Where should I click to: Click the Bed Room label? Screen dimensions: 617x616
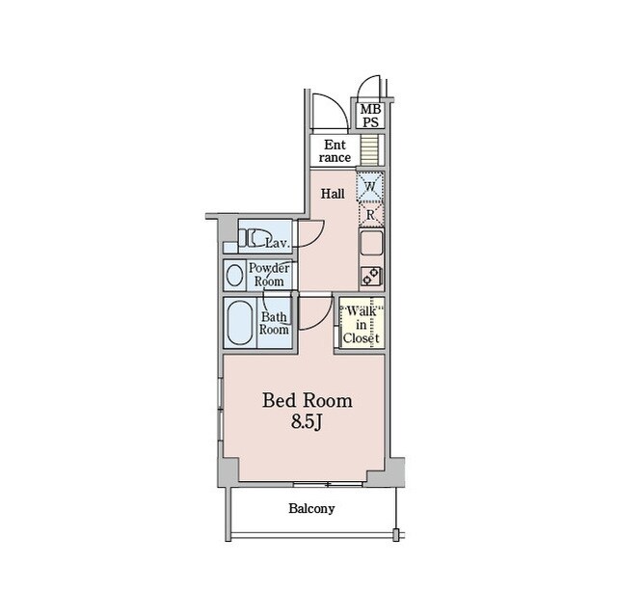tap(308, 401)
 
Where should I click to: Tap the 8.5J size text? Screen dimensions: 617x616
tap(307, 422)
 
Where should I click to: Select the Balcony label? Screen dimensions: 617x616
tap(311, 508)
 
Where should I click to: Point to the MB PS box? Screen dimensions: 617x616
tap(370, 116)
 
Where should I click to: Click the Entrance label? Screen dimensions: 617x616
tap(335, 151)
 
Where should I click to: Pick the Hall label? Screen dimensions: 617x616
tap(333, 194)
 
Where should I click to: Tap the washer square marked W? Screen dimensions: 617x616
tap(370, 186)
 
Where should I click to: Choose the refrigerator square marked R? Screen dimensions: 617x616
tap(370, 214)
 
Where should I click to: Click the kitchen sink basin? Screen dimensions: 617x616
tap(371, 243)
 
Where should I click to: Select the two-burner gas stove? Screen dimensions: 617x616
tap(371, 276)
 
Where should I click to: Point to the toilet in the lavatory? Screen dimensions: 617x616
tap(255, 237)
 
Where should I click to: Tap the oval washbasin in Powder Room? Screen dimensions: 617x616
tap(235, 275)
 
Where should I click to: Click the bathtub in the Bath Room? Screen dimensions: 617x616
tap(239, 323)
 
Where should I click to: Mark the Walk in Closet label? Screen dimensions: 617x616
tap(361, 325)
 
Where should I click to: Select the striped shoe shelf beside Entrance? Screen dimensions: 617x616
tap(369, 149)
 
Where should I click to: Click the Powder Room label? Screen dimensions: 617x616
tap(269, 275)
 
